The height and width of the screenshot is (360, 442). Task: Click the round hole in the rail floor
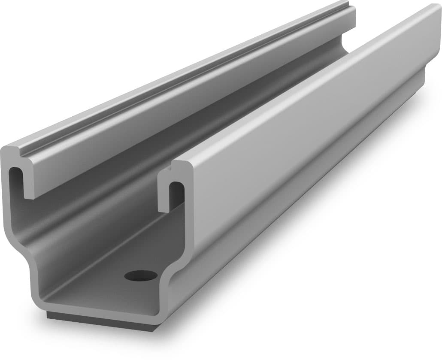point(141,275)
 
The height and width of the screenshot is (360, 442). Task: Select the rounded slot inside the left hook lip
point(15,178)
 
